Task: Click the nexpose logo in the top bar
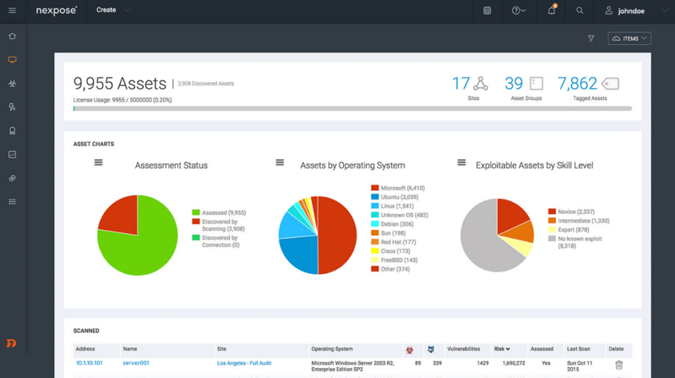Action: pyautogui.click(x=57, y=11)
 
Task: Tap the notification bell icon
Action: pyautogui.click(x=552, y=11)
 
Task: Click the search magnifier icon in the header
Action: pyautogui.click(x=580, y=11)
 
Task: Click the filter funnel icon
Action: pyautogui.click(x=591, y=39)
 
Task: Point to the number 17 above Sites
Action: pyautogui.click(x=461, y=84)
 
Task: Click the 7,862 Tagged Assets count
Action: pyautogui.click(x=577, y=84)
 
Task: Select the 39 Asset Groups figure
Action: pyautogui.click(x=514, y=84)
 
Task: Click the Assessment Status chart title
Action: pyautogui.click(x=171, y=165)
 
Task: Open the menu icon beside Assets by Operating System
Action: pyautogui.click(x=279, y=162)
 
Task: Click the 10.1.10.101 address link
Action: pyautogui.click(x=90, y=363)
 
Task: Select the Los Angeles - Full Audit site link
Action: pyautogui.click(x=244, y=363)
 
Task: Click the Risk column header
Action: pyautogui.click(x=502, y=349)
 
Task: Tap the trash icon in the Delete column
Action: pyautogui.click(x=618, y=365)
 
